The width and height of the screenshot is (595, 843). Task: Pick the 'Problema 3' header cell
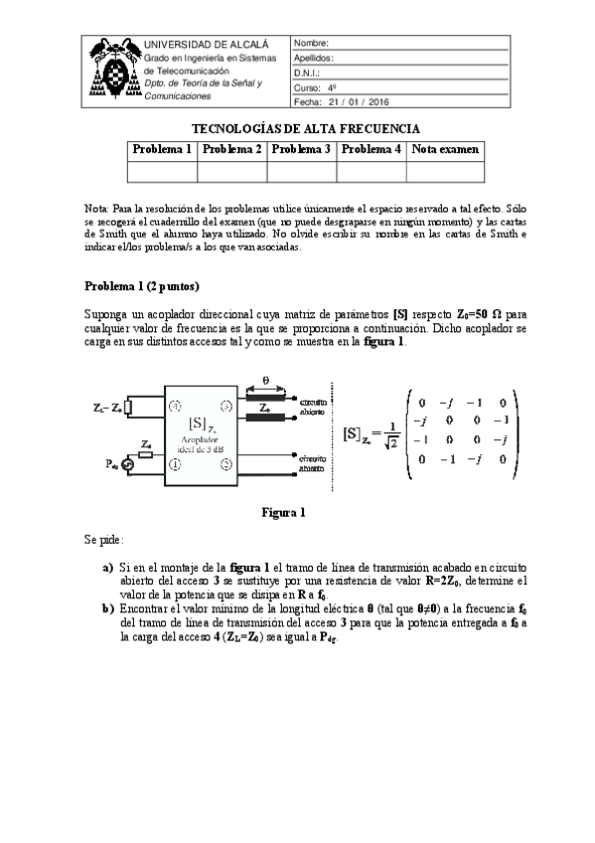pyautogui.click(x=302, y=149)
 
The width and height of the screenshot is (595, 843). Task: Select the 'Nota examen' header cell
pyautogui.click(x=446, y=149)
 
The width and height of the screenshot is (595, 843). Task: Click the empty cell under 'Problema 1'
pyautogui.click(x=163, y=171)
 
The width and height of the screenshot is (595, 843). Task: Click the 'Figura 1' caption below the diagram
pyautogui.click(x=283, y=513)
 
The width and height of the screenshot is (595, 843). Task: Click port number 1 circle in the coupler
pyautogui.click(x=175, y=465)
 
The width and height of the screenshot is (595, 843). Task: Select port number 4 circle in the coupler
pyautogui.click(x=175, y=407)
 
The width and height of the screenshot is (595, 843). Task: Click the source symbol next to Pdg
pyautogui.click(x=127, y=464)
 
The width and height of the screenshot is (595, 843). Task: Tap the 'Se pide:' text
pyautogui.click(x=104, y=541)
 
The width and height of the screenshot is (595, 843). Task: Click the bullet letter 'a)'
pyautogui.click(x=108, y=567)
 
